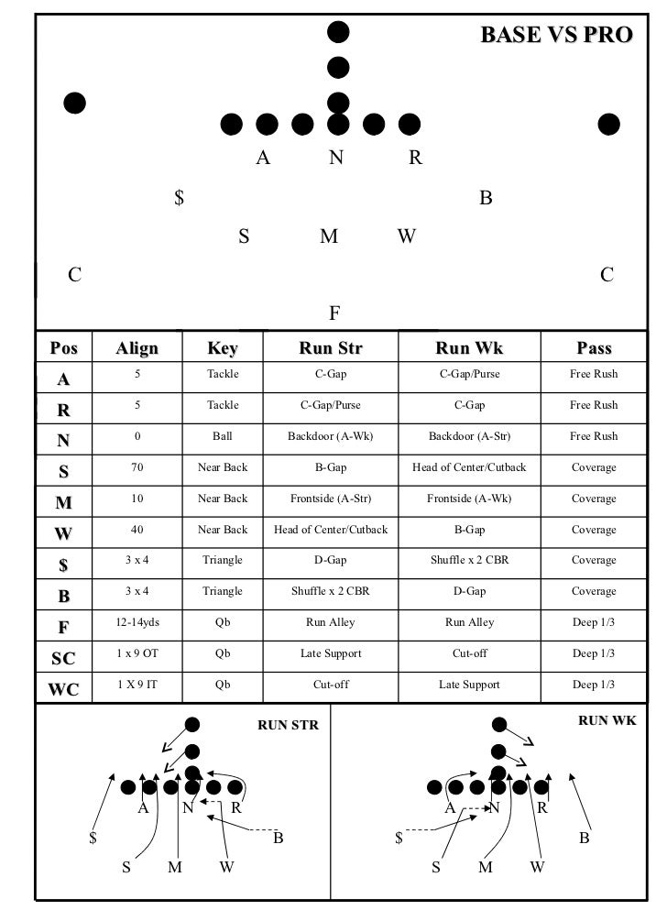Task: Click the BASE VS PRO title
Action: pyautogui.click(x=556, y=35)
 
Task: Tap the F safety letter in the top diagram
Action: pyautogui.click(x=335, y=314)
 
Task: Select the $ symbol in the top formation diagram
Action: pyautogui.click(x=180, y=197)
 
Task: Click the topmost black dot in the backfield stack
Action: pyautogui.click(x=339, y=32)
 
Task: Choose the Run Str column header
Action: pyautogui.click(x=331, y=348)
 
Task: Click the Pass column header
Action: pyautogui.click(x=594, y=348)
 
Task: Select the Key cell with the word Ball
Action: pyautogui.click(x=223, y=436)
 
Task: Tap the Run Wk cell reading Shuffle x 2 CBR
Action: pyautogui.click(x=469, y=560)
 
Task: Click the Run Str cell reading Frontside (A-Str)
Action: pyautogui.click(x=331, y=499)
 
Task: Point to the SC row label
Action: pyautogui.click(x=63, y=657)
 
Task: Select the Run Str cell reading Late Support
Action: pyautogui.click(x=331, y=653)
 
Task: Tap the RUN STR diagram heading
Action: pyautogui.click(x=288, y=726)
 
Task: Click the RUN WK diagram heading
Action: pyautogui.click(x=607, y=721)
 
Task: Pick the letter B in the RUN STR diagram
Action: pyautogui.click(x=279, y=837)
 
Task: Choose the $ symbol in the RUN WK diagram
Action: pyautogui.click(x=399, y=838)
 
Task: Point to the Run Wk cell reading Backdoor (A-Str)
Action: pyautogui.click(x=469, y=436)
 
